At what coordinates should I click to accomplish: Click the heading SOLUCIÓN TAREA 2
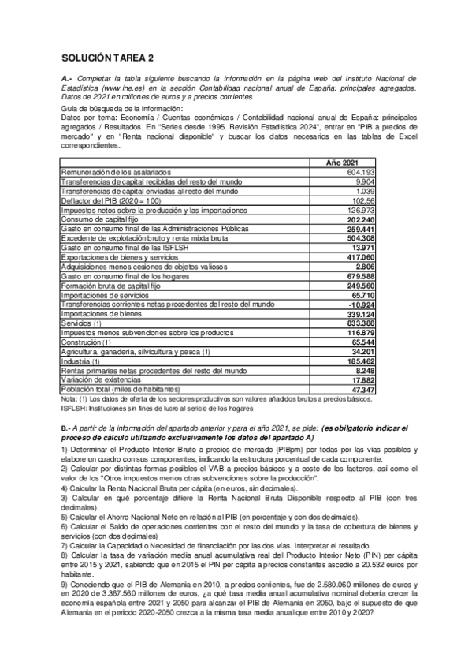pos(107,58)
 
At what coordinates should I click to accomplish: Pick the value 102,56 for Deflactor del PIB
pos(361,200)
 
